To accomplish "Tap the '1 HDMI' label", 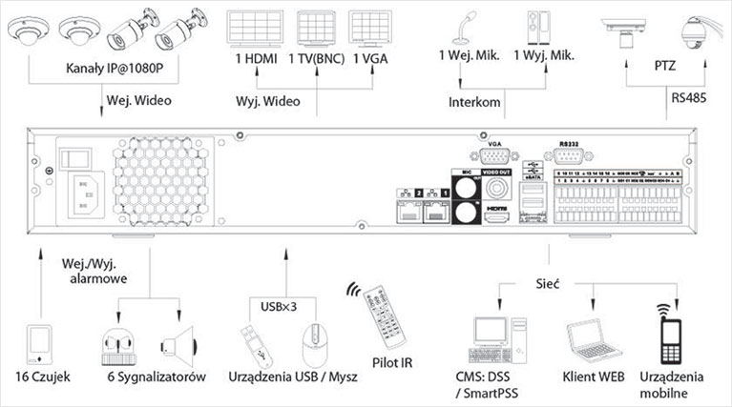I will click(x=256, y=58).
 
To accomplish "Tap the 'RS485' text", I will click(x=687, y=96).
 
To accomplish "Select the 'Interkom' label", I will click(x=473, y=101).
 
